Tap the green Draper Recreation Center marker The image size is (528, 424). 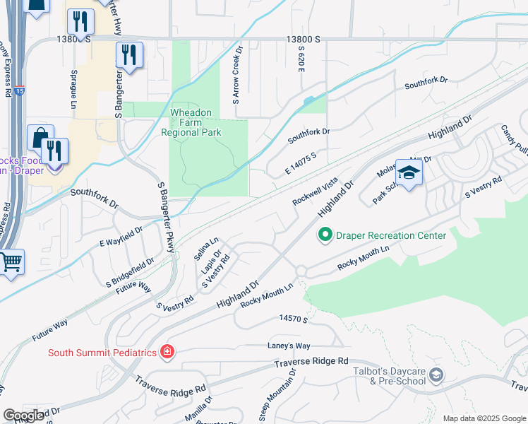[325, 235]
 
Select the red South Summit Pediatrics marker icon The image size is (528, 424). [167, 352]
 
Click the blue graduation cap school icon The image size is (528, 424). [409, 172]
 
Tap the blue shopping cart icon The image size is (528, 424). [11, 262]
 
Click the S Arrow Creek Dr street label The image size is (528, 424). [237, 81]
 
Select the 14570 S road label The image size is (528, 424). [294, 320]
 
